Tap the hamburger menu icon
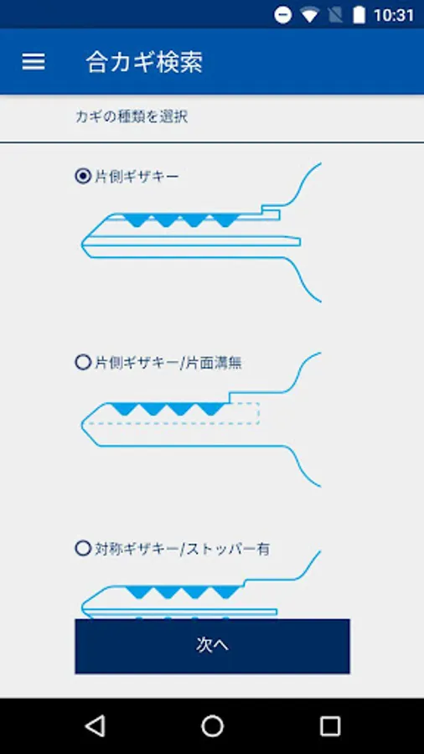point(34,61)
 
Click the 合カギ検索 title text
point(144,62)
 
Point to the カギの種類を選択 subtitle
point(132,116)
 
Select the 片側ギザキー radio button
point(83,176)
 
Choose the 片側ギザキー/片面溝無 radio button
point(83,362)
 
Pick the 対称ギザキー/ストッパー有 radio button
point(83,548)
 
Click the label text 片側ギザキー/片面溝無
point(168,363)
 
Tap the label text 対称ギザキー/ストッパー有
point(182,549)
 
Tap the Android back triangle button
point(95,726)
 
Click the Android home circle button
point(212,726)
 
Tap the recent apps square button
point(330,726)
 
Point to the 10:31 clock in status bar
point(393,15)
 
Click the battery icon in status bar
point(359,15)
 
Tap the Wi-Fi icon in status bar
point(310,15)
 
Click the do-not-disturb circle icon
point(283,15)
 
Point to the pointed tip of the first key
point(82,243)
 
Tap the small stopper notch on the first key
point(271,213)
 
